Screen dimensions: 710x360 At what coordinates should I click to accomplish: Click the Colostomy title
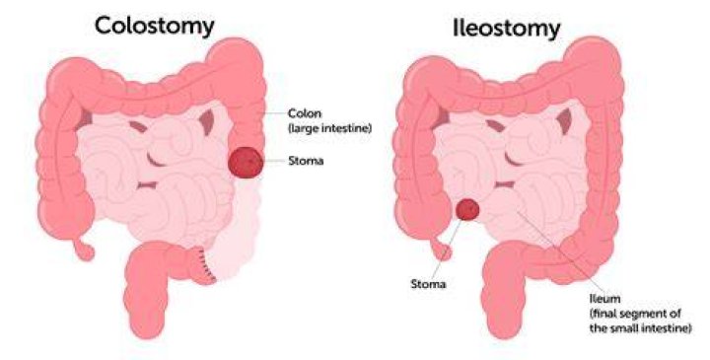coord(155,27)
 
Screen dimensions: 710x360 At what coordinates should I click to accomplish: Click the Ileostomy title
coord(506,29)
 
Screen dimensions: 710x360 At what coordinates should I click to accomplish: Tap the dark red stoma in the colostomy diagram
coord(246,163)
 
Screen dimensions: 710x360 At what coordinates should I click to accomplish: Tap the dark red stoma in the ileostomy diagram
coord(467,209)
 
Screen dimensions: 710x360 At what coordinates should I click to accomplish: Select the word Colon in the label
coord(304,113)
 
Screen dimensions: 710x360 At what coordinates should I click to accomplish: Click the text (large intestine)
coord(330,128)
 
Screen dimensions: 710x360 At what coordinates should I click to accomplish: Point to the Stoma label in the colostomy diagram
coord(306,161)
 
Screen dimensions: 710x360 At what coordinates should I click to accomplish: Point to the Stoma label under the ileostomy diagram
coord(428,284)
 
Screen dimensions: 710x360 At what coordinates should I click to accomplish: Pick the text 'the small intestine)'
coord(640,327)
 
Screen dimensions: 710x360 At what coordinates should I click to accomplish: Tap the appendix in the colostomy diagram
coord(84,250)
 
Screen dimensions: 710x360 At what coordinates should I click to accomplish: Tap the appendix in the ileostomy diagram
coord(441,250)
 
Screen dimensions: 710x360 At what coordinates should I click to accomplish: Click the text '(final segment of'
coord(635,314)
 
